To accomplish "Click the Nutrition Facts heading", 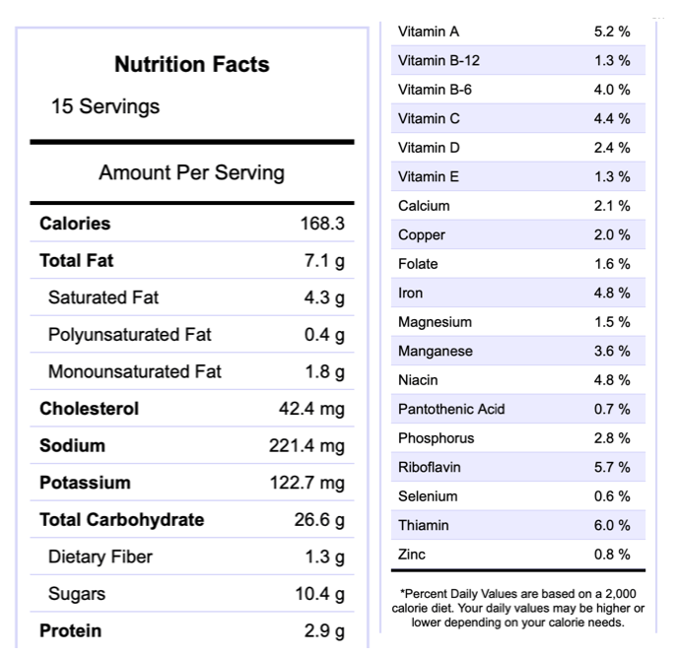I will pyautogui.click(x=191, y=65).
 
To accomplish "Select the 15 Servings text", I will pyautogui.click(x=105, y=106).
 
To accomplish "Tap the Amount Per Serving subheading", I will pyautogui.click(x=191, y=173).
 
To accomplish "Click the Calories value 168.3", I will pyautogui.click(x=322, y=224).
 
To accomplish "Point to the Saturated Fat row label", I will pyautogui.click(x=102, y=297).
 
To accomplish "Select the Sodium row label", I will pyautogui.click(x=72, y=446).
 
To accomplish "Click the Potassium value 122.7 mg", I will pyautogui.click(x=307, y=483).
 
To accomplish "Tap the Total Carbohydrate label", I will pyautogui.click(x=121, y=520).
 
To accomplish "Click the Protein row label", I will pyautogui.click(x=70, y=631).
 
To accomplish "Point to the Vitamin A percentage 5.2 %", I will pyautogui.click(x=612, y=32).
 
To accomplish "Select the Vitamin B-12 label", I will pyautogui.click(x=439, y=61).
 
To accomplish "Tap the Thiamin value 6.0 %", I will pyautogui.click(x=612, y=525).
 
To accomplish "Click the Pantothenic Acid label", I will pyautogui.click(x=451, y=409).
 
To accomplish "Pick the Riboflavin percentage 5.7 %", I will pyautogui.click(x=612, y=467).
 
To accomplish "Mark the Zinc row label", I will pyautogui.click(x=412, y=555).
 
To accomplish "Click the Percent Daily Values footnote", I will pyautogui.click(x=516, y=608).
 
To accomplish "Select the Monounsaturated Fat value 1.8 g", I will pyautogui.click(x=324, y=372).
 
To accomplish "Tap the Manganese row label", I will pyautogui.click(x=435, y=351).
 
